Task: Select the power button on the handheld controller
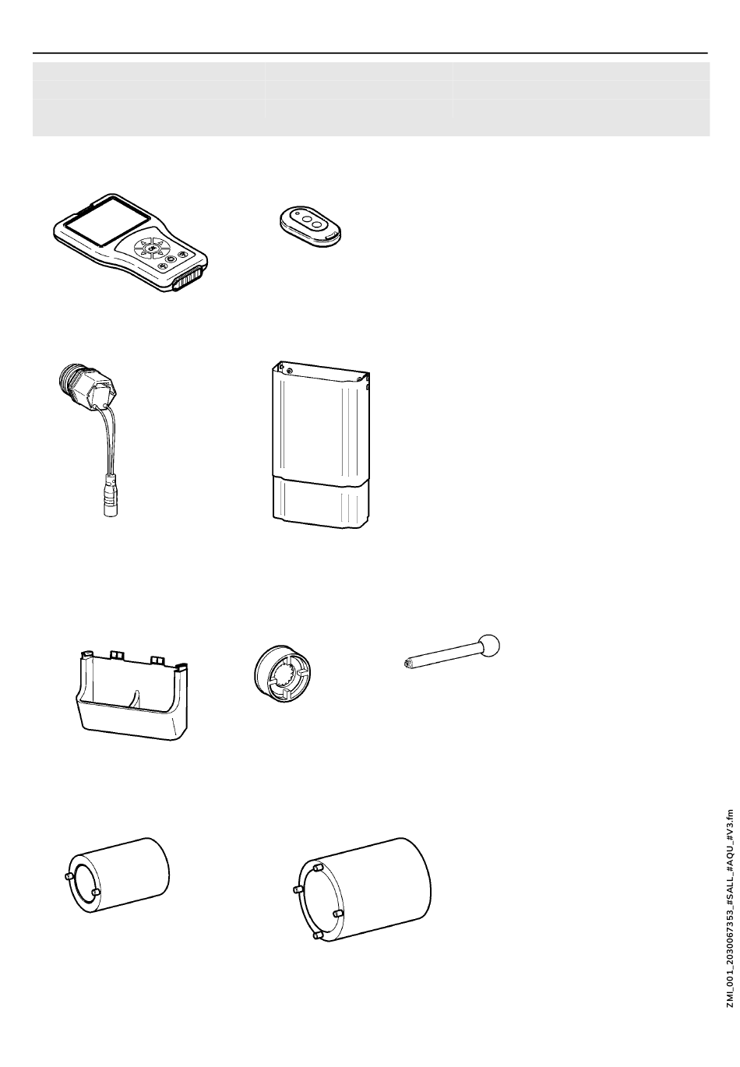pyautogui.click(x=170, y=260)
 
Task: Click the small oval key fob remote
pyautogui.click(x=312, y=226)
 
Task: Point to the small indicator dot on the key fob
pyautogui.click(x=297, y=215)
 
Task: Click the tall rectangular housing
pyautogui.click(x=321, y=445)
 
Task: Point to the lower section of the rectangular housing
pyautogui.click(x=321, y=502)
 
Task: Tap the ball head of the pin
pyautogui.click(x=489, y=646)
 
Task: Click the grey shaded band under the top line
pyautogui.click(x=371, y=99)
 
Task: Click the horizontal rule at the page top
pyautogui.click(x=370, y=53)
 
